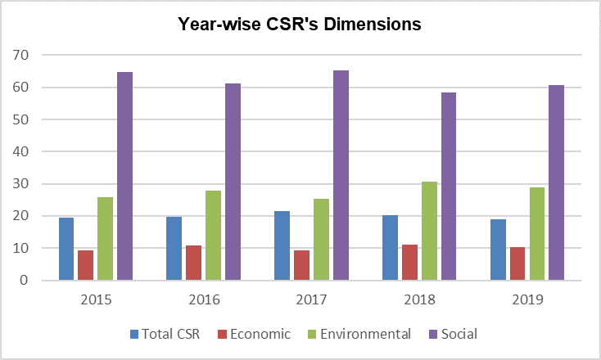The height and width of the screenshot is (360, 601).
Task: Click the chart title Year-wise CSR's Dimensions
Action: [x=300, y=24]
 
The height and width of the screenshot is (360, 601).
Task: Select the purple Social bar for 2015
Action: [x=124, y=176]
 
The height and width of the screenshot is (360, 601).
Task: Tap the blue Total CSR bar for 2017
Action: [x=282, y=245]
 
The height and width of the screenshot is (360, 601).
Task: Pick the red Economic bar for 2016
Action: [x=193, y=263]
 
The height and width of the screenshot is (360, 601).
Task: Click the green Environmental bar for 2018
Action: [x=429, y=231]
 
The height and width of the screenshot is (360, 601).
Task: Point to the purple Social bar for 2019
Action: [x=556, y=182]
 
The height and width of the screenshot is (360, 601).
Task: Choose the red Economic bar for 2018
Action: [x=409, y=263]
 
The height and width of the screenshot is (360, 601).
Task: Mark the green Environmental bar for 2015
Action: [x=105, y=239]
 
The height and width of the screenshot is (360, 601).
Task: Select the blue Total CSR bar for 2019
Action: [x=499, y=250]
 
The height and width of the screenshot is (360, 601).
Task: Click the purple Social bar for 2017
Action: [x=341, y=175]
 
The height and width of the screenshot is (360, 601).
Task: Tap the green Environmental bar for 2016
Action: [x=213, y=235]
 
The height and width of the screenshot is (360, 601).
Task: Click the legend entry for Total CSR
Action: [x=165, y=334]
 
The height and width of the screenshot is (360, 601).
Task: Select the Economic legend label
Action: [x=260, y=334]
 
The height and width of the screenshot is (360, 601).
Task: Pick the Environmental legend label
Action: [x=365, y=334]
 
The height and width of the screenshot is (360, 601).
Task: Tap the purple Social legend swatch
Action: [x=432, y=335]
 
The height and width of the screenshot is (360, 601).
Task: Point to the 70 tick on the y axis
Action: [x=20, y=55]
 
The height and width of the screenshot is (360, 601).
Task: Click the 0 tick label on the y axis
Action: [x=24, y=280]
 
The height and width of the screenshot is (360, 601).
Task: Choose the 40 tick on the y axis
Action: [x=20, y=151]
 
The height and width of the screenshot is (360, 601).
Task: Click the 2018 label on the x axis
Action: [x=420, y=299]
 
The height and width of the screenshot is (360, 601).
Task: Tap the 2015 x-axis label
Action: [x=96, y=299]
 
